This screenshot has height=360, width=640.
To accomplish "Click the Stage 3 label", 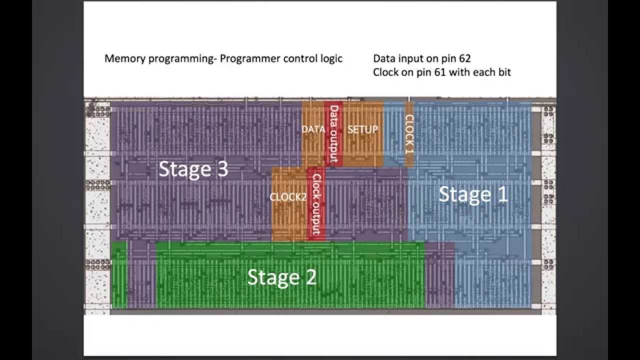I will (x=193, y=169).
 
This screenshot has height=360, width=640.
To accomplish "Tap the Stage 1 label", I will (x=473, y=194).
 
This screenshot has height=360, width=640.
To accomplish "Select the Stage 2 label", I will (x=282, y=276).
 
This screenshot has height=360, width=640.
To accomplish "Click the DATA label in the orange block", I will (x=313, y=129).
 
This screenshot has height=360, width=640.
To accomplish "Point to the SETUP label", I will (x=362, y=129).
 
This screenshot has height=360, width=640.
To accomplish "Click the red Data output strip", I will (x=334, y=134).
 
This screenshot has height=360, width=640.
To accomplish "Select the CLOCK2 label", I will (x=287, y=197).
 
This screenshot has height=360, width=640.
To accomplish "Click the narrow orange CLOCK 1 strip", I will (x=409, y=134).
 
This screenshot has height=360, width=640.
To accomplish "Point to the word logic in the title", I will (x=331, y=58).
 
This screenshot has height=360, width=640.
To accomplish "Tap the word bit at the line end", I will (x=503, y=72).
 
